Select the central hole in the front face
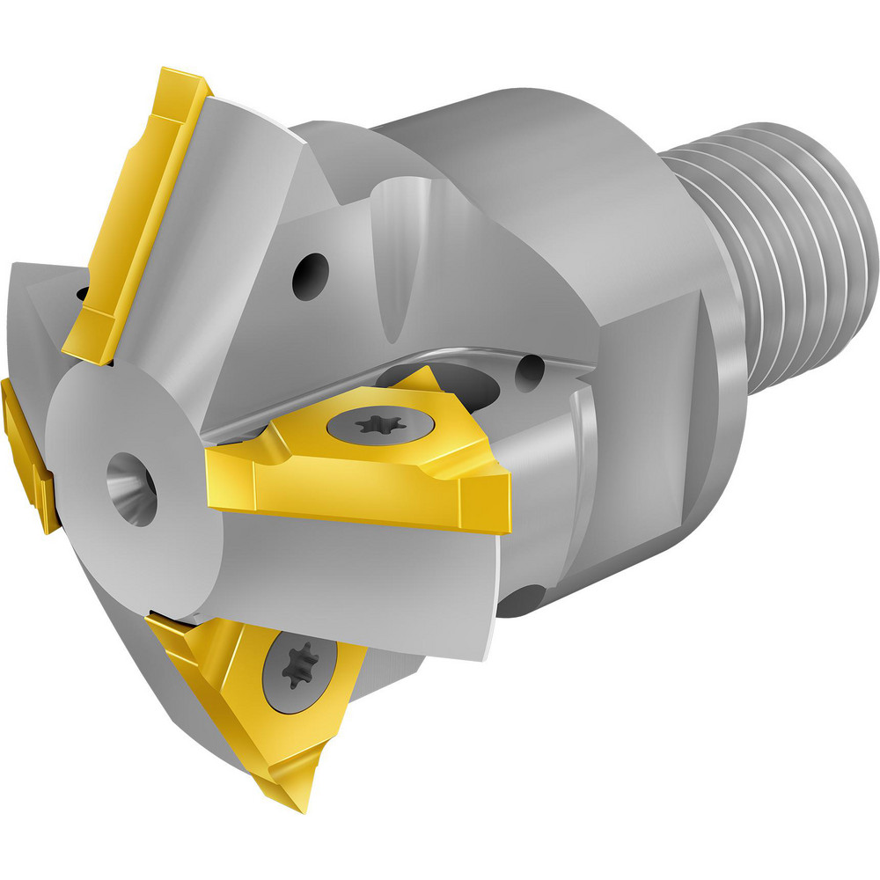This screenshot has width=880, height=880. tap(131, 487)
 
